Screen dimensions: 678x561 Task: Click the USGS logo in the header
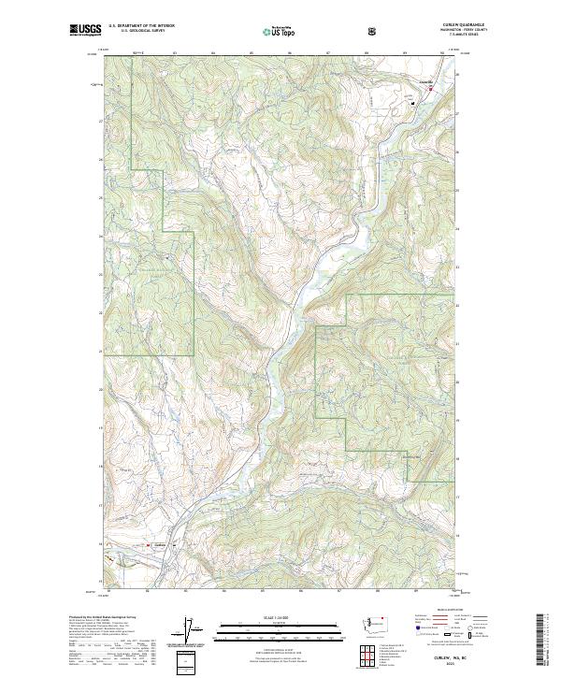pyautogui.click(x=85, y=32)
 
